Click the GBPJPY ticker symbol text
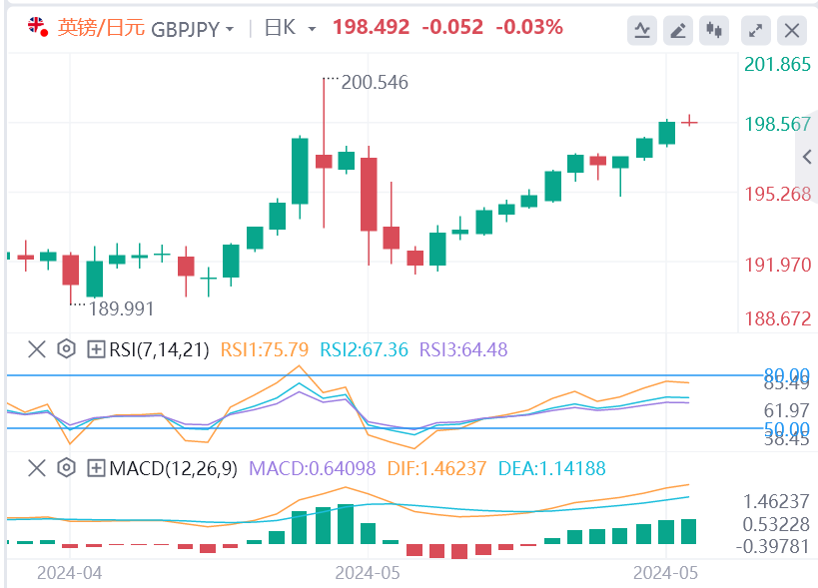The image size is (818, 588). (x=185, y=28)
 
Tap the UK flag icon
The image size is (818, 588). (x=36, y=27)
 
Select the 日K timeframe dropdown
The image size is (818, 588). (x=289, y=28)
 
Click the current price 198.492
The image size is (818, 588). (x=372, y=28)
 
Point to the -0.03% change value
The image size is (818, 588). (x=529, y=28)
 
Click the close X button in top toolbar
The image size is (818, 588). (x=792, y=30)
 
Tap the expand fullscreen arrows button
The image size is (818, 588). (x=756, y=30)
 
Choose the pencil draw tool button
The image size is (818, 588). (x=678, y=30)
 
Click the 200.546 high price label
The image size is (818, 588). (x=375, y=82)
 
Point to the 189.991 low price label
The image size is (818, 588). (x=122, y=308)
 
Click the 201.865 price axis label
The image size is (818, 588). (x=778, y=65)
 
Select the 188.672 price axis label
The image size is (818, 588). (x=778, y=318)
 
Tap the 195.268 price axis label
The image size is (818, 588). (x=778, y=194)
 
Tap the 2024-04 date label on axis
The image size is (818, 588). (x=70, y=573)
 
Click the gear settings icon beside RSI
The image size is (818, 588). (x=67, y=349)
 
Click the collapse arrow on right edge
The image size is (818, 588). (x=807, y=157)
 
